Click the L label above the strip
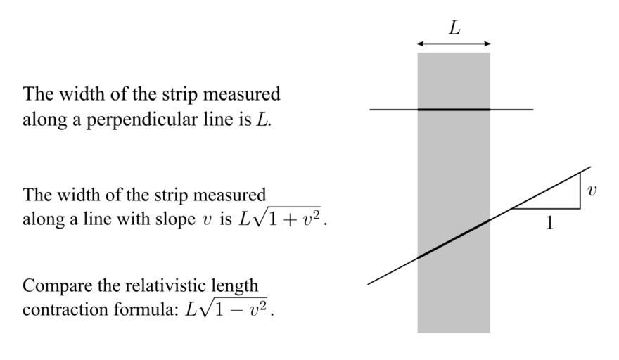(x=454, y=28)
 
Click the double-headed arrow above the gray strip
(x=454, y=44)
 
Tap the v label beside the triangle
(x=592, y=191)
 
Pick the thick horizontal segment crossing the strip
(x=454, y=110)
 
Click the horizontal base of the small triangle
(x=546, y=209)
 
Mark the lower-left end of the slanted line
(x=369, y=283)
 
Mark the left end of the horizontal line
(x=371, y=110)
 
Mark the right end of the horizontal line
(x=532, y=110)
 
